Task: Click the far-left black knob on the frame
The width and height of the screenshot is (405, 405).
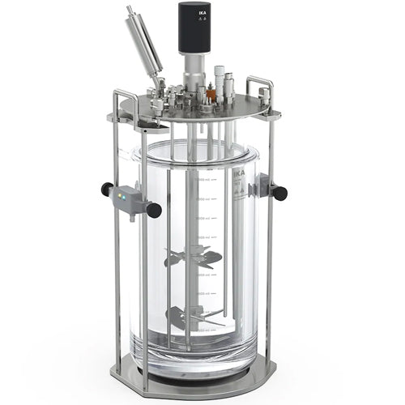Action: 106,189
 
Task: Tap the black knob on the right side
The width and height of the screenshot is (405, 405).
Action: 279,193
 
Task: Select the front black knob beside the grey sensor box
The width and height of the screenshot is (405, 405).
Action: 153,211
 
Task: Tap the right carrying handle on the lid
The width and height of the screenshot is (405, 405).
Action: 260,89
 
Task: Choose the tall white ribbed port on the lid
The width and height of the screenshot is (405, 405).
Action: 220,81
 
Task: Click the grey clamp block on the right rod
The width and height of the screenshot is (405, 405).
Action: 260,189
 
